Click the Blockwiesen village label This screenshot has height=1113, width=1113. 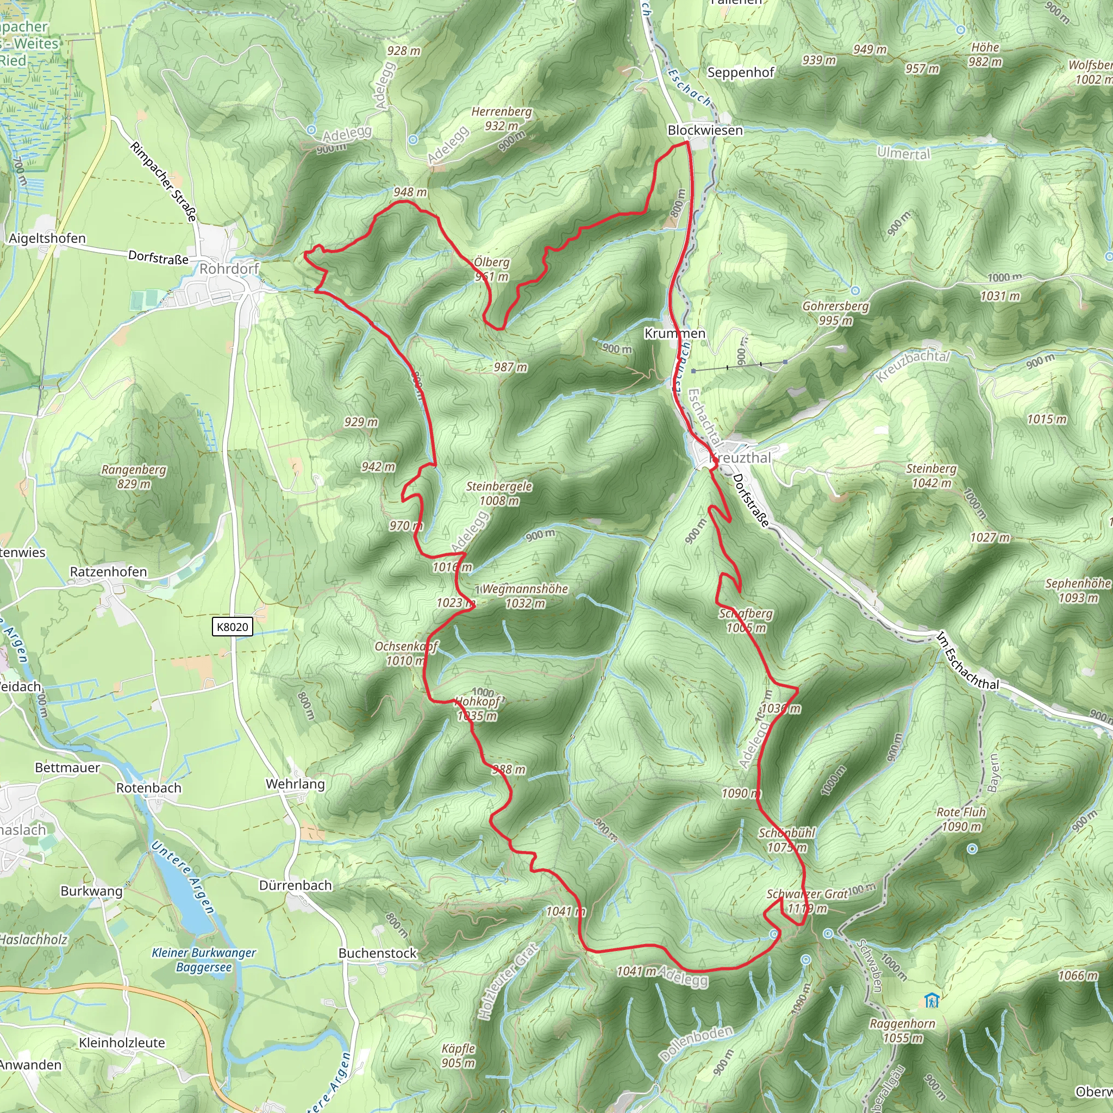[x=704, y=130]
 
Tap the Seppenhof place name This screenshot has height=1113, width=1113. [x=740, y=73]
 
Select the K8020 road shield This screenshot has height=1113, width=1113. [x=233, y=627]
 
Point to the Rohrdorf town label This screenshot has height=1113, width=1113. [x=229, y=268]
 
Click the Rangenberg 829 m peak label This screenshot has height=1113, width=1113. [x=134, y=477]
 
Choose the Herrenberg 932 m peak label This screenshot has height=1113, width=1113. [x=501, y=118]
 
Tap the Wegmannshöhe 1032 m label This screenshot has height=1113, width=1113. [x=525, y=596]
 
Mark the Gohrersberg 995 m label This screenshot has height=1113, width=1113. [x=835, y=313]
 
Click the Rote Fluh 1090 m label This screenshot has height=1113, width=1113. [x=961, y=819]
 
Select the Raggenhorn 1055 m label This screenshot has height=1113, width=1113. [x=902, y=1030]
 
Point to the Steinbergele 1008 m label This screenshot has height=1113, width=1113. [x=499, y=493]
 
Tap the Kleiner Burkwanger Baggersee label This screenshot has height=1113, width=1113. [x=204, y=960]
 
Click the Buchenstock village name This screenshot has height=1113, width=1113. [x=377, y=953]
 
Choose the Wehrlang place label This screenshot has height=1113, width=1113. [x=295, y=784]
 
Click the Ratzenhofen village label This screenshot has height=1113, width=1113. [x=108, y=572]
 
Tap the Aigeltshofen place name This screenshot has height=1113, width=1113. [x=47, y=239]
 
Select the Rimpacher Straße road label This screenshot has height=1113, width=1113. [x=164, y=182]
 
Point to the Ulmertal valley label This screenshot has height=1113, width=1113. [x=903, y=153]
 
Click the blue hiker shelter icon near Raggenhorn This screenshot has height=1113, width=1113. [x=931, y=1001]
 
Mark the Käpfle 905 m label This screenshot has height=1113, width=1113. [x=459, y=1055]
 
